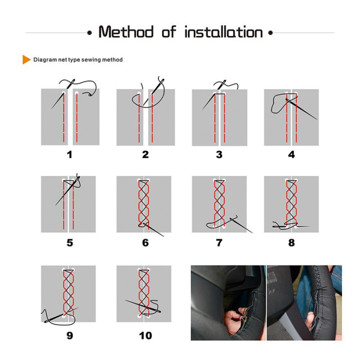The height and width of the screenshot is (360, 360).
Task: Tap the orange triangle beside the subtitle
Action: tap(26, 60)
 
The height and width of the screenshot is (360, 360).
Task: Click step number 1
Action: tap(70, 154)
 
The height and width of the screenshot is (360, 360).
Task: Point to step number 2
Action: tap(146, 154)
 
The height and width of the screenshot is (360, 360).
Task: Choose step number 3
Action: tap(220, 154)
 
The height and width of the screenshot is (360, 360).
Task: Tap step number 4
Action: tap(292, 154)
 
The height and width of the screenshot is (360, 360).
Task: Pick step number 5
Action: tap(70, 242)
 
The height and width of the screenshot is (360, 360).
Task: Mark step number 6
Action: tap(146, 242)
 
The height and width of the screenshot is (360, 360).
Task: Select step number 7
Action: tap(220, 242)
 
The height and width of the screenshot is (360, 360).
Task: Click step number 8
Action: tap(292, 242)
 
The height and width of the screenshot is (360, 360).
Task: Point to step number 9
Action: tap(70, 335)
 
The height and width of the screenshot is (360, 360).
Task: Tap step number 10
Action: tap(146, 335)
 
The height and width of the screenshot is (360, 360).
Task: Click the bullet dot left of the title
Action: tap(89, 33)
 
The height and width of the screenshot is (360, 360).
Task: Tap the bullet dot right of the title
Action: tap(271, 33)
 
